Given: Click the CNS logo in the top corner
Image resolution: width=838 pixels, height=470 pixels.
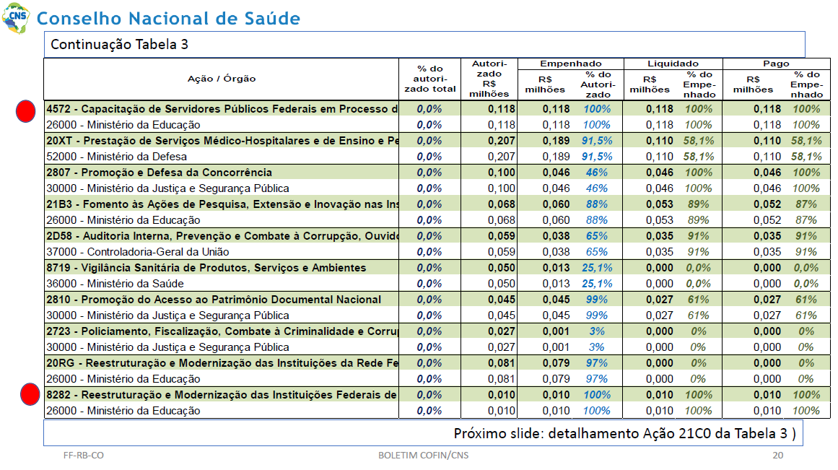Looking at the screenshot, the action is [16, 17].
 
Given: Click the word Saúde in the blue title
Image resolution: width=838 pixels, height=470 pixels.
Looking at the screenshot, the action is [273, 18].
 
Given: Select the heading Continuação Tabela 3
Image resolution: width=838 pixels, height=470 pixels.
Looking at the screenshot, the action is [119, 44].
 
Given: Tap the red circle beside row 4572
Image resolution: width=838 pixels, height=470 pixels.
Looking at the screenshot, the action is [26, 111].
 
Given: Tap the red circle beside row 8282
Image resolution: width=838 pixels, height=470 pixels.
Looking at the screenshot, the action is [30, 395].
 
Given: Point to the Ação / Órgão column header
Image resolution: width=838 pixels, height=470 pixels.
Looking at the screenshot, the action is [222, 79].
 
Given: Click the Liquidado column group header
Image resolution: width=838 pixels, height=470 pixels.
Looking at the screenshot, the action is [673, 64].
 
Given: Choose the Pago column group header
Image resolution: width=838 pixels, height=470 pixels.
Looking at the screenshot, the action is [776, 64].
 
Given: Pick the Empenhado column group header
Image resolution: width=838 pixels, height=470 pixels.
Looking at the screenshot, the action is [571, 64].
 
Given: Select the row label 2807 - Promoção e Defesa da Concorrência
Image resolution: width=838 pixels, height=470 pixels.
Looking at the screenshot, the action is [160, 172].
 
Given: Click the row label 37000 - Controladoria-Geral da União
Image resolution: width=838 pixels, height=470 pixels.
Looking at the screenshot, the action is [138, 252].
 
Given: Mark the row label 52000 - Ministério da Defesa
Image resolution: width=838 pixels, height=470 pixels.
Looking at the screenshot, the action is [116, 157].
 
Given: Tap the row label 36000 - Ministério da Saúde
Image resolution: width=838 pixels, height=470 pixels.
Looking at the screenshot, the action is [115, 284].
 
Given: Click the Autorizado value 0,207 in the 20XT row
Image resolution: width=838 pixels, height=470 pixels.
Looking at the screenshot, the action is [502, 141].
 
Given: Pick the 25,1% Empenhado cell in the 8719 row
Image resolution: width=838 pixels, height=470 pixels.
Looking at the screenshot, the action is [597, 268].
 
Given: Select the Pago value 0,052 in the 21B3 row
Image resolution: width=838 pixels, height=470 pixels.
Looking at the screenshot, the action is [767, 204].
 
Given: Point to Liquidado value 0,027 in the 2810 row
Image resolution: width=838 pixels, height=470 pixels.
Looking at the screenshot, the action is [660, 300].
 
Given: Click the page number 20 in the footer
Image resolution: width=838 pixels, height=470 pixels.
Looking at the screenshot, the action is [777, 455].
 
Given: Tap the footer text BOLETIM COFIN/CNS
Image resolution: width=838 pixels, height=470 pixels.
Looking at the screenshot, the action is [423, 455].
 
